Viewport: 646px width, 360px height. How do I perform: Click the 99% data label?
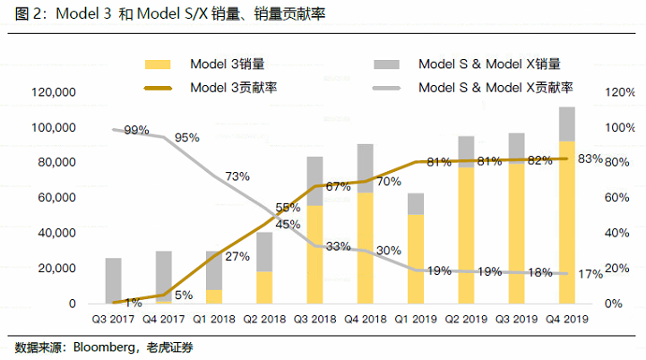(x=136, y=130)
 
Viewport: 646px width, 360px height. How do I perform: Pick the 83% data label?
(x=590, y=159)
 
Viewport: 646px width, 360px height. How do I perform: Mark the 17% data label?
(x=590, y=274)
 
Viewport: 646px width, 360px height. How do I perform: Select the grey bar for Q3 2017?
(x=113, y=280)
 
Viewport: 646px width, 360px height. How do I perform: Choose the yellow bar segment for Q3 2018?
(x=314, y=254)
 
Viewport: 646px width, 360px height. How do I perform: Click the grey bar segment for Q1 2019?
(x=416, y=203)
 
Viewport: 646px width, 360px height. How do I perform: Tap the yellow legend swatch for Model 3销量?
(x=157, y=64)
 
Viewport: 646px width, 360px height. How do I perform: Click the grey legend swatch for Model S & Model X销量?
(x=387, y=64)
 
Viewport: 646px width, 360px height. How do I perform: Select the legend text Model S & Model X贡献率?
(x=495, y=88)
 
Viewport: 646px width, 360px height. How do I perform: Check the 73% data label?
(x=237, y=176)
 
